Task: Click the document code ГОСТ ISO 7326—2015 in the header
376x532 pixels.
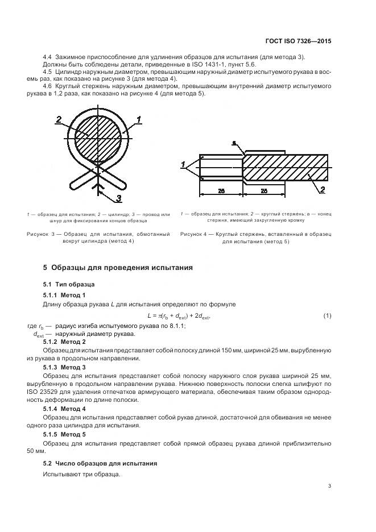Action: tap(298, 41)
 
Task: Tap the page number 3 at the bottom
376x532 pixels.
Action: tap(330, 486)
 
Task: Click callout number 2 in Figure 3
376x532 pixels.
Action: tap(59, 119)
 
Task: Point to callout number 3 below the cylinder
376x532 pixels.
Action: tap(119, 198)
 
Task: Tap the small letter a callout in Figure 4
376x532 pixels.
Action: tap(234, 144)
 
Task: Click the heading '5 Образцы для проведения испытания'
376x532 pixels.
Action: tap(118, 267)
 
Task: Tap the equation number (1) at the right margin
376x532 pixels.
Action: tap(327, 315)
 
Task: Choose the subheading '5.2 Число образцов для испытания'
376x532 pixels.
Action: tap(100, 463)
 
